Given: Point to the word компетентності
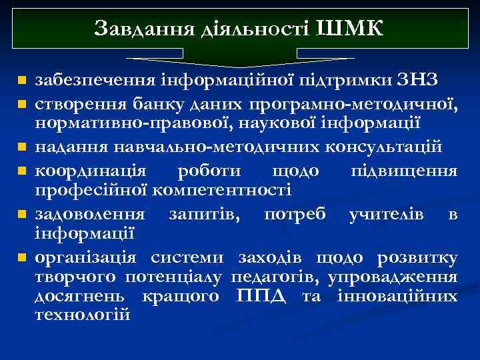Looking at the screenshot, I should pyautogui.click(x=222, y=191).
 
